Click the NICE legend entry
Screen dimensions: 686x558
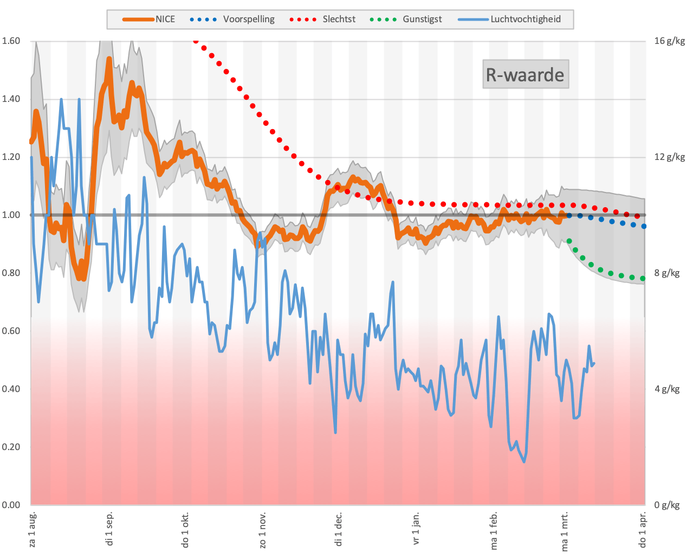click(x=148, y=20)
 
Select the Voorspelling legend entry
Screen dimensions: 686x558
click(x=232, y=20)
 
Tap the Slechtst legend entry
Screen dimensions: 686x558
click(x=322, y=20)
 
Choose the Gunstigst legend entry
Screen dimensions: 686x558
click(x=406, y=20)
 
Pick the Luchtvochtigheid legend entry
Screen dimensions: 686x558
click(x=509, y=20)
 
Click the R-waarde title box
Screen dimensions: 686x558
click(x=525, y=74)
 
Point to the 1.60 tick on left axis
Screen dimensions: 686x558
click(x=11, y=41)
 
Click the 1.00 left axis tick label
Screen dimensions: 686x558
click(x=11, y=215)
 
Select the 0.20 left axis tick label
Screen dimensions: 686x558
click(x=11, y=447)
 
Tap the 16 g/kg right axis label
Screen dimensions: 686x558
click(x=669, y=41)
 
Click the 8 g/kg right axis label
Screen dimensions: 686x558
click(x=666, y=273)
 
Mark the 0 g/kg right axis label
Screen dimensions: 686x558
click(x=666, y=505)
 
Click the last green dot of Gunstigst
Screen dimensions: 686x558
click(x=643, y=279)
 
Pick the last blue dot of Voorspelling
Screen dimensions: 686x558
click(x=644, y=227)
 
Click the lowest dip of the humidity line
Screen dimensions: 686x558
click(x=524, y=461)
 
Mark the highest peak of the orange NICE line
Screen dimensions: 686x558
click(x=109, y=59)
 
